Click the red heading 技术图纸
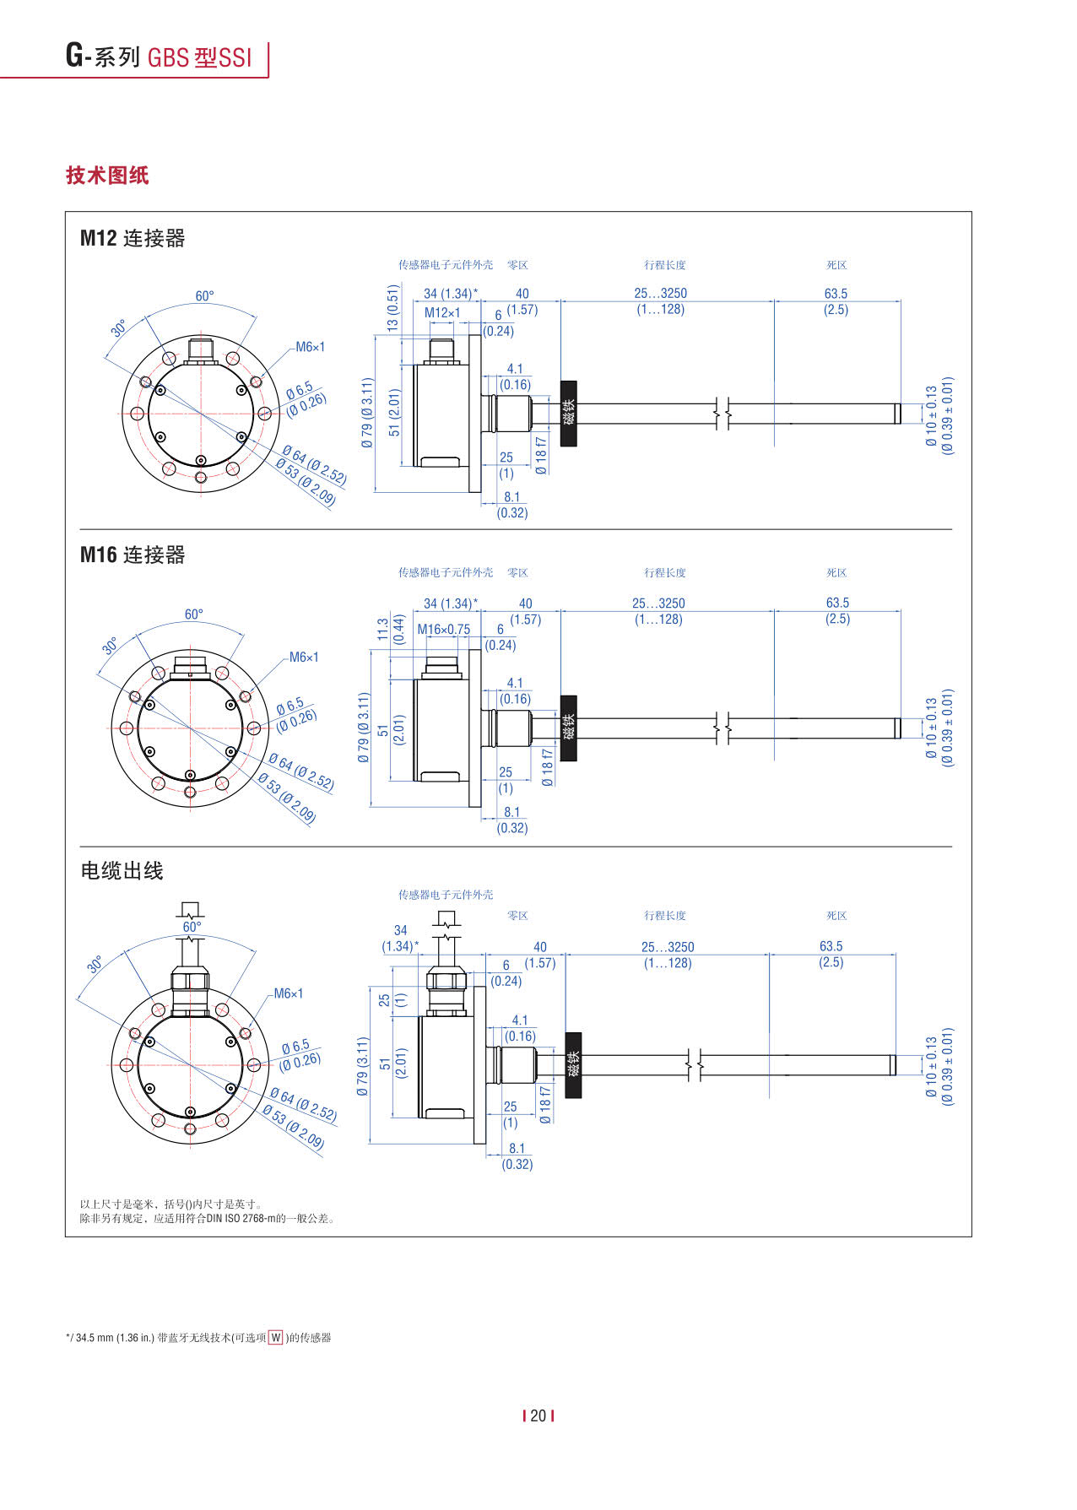click(x=107, y=175)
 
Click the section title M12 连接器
click(x=133, y=238)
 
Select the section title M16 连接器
click(x=133, y=555)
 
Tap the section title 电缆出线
click(x=122, y=870)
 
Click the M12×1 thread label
click(x=442, y=312)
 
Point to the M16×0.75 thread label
click(x=444, y=629)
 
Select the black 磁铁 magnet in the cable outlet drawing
click(x=573, y=1064)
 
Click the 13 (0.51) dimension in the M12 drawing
click(x=392, y=307)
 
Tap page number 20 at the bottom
click(x=538, y=1415)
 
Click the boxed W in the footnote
click(x=276, y=1338)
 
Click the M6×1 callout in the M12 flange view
click(x=310, y=347)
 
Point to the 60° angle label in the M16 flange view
click(x=194, y=614)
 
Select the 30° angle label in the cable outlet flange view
click(x=95, y=964)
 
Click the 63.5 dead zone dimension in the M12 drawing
click(x=836, y=294)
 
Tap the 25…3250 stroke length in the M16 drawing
click(x=658, y=603)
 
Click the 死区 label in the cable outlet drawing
click(x=836, y=916)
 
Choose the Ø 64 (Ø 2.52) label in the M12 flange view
click(x=314, y=465)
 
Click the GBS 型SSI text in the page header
click(x=200, y=57)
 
